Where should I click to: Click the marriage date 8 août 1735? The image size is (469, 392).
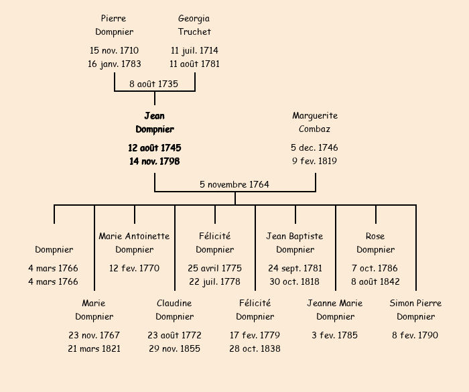tap(154, 84)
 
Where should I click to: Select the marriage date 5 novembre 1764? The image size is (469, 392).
tap(234, 184)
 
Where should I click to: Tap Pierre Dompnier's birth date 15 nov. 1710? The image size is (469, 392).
tap(114, 50)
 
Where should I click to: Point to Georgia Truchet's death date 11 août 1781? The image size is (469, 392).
tap(194, 64)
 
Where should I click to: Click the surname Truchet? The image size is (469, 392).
tap(194, 31)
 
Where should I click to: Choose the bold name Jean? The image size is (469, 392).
tap(154, 116)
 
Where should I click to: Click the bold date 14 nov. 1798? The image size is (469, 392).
tap(154, 161)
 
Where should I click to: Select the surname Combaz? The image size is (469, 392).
tap(315, 129)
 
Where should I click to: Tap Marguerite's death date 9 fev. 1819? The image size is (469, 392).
tap(315, 161)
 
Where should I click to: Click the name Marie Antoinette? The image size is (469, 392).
tap(134, 236)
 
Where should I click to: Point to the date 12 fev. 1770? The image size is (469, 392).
tap(134, 268)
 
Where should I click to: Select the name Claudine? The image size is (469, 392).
tap(174, 303)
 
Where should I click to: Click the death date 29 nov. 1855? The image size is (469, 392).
tap(174, 348)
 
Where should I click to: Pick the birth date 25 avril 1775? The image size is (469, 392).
tap(214, 268)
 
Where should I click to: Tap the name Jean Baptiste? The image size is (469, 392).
tap(295, 236)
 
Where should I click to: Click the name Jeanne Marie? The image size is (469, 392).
tap(335, 303)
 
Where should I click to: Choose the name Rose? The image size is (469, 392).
tap(375, 236)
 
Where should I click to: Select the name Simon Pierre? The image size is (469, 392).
tap(415, 303)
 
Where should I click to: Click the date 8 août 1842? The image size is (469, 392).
tap(375, 281)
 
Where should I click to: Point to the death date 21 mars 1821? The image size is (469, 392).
tap(94, 348)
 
